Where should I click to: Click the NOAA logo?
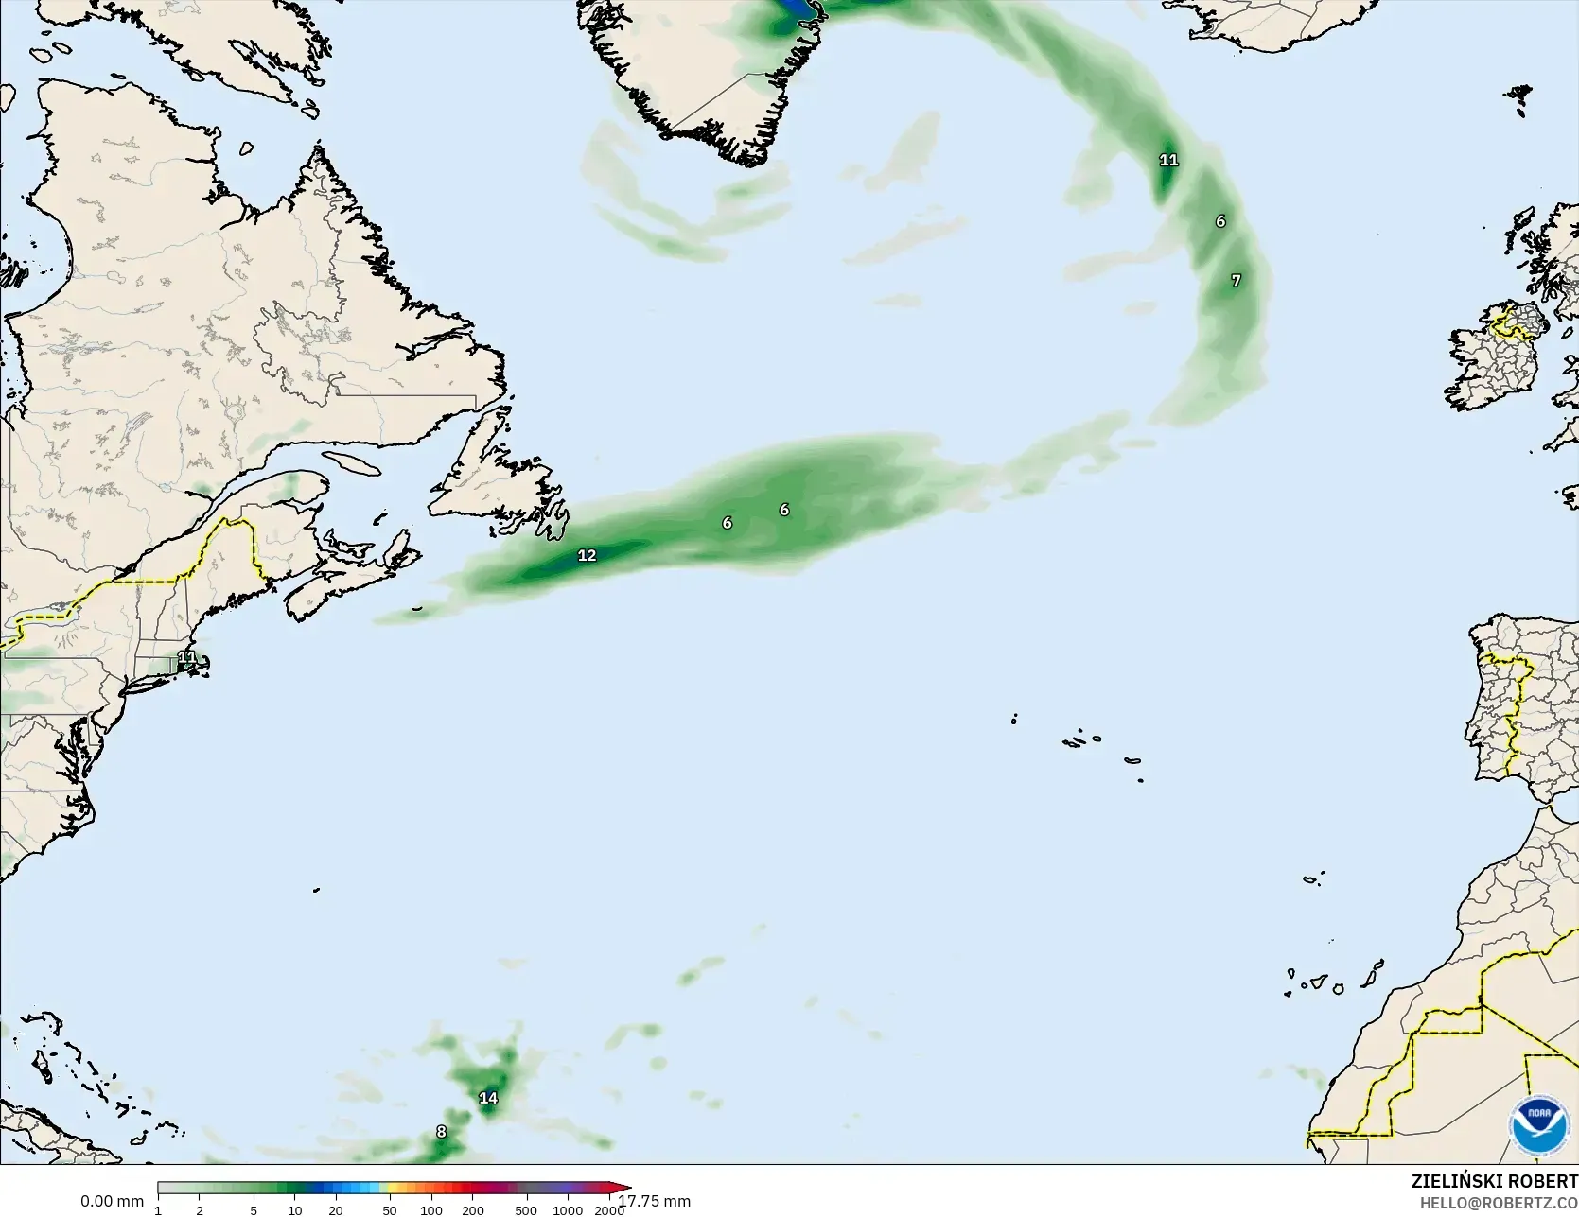(x=1539, y=1125)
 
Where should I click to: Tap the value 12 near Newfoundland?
(x=587, y=555)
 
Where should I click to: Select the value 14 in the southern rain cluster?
(x=488, y=1098)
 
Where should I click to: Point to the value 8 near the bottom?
(x=441, y=1131)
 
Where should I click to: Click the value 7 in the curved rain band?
(x=1236, y=280)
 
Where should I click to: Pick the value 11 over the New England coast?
(x=187, y=656)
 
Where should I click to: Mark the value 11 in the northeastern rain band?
(x=1169, y=160)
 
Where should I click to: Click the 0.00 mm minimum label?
(x=112, y=1201)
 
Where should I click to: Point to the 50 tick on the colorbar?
(x=390, y=1210)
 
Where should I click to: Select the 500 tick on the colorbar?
(x=526, y=1210)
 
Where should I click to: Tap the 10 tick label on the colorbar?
(x=295, y=1210)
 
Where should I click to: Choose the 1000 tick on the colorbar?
(x=568, y=1210)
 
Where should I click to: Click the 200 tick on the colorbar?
(x=473, y=1210)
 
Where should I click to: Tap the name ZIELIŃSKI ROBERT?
(x=1494, y=1181)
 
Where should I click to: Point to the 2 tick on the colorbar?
(x=200, y=1210)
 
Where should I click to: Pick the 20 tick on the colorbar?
(x=336, y=1210)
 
